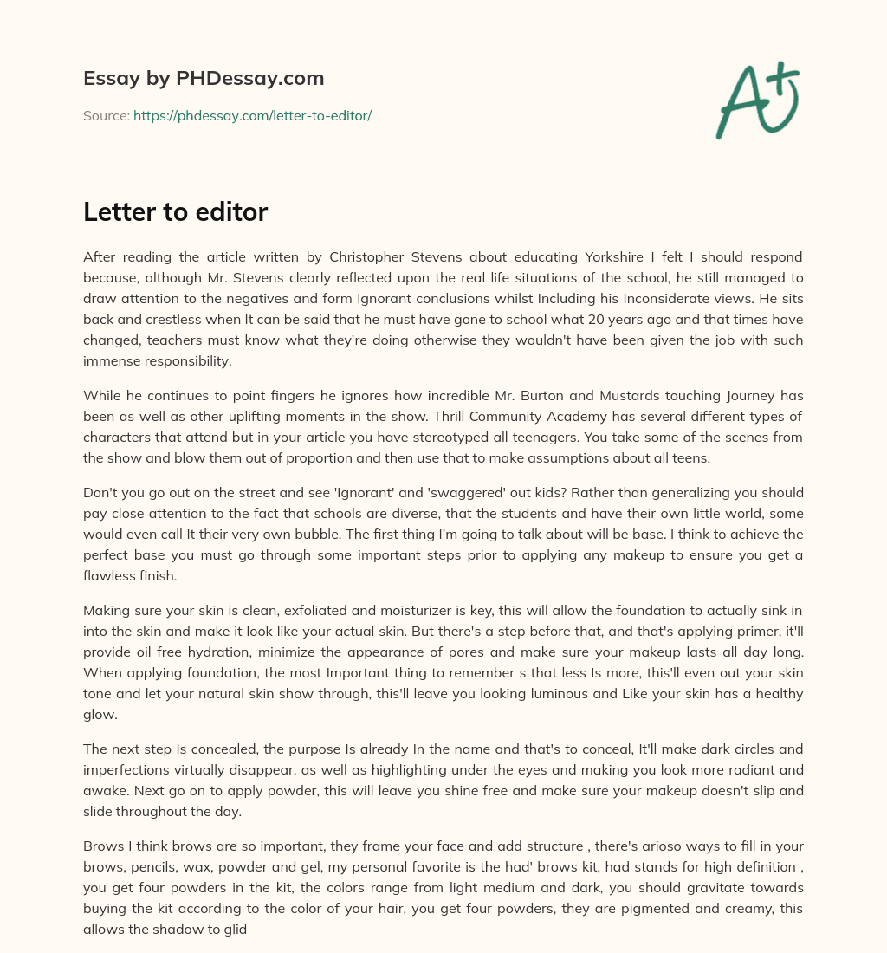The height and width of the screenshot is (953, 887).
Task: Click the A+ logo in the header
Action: [x=756, y=100]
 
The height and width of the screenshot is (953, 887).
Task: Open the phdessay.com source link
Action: [x=252, y=115]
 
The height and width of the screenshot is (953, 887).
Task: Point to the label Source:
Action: [x=106, y=115]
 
